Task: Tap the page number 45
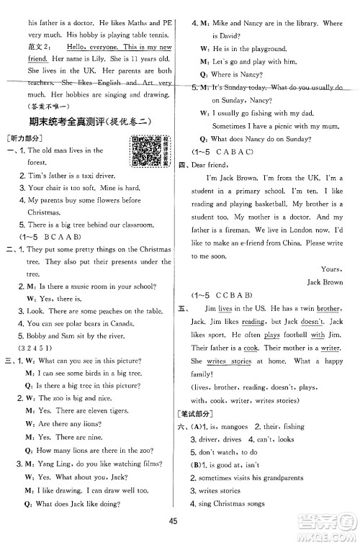point(180,521)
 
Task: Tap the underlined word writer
point(331,347)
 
